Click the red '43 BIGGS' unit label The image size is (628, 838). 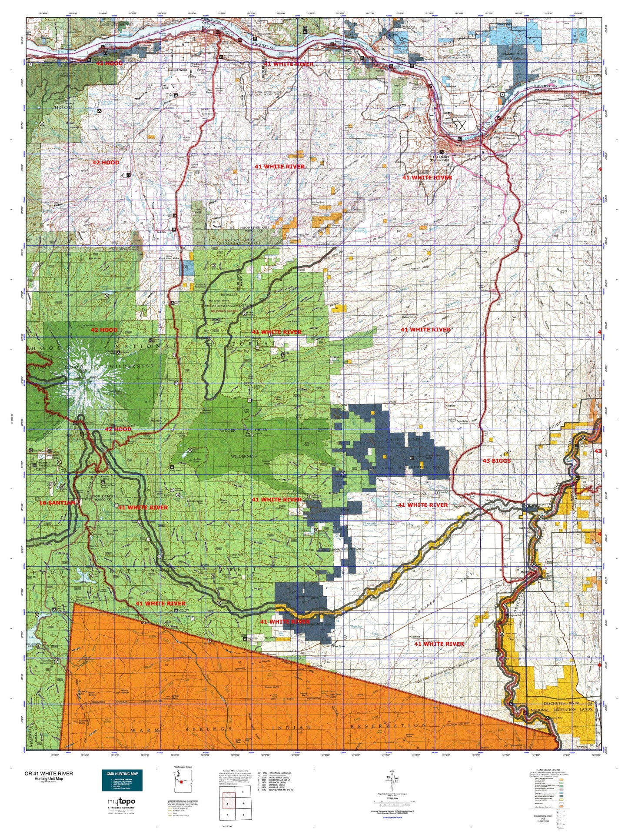pyautogui.click(x=497, y=460)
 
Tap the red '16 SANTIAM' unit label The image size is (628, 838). pyautogui.click(x=57, y=503)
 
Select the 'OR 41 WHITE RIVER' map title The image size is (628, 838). pyautogui.click(x=49, y=773)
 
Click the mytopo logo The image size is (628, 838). pyautogui.click(x=121, y=801)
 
